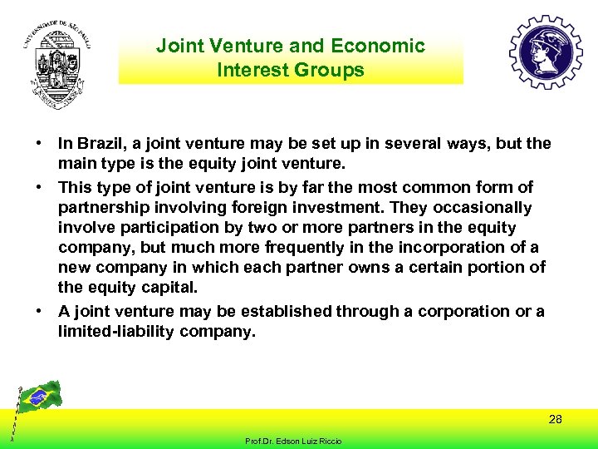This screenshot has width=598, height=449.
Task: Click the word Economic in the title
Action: point(377,46)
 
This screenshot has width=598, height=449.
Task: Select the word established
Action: point(286,312)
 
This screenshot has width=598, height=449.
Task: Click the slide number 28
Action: point(555,419)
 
